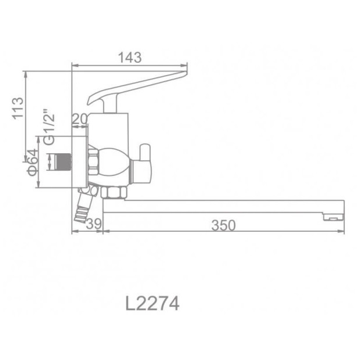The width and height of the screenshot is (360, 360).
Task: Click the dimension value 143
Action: click(129, 58)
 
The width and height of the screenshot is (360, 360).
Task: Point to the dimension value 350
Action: click(224, 225)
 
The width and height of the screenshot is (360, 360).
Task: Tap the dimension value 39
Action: click(94, 225)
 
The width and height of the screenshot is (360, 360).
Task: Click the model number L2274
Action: click(152, 303)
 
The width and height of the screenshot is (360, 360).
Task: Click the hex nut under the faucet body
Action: click(112, 193)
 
